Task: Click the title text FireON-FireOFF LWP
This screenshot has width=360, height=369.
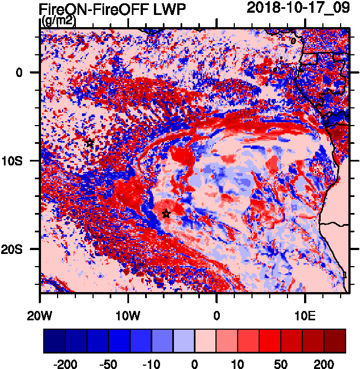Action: (x=112, y=9)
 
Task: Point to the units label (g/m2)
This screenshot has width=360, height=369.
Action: (x=58, y=21)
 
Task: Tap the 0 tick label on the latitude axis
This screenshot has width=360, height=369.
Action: (x=19, y=72)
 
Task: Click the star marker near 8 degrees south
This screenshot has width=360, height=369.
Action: (x=90, y=143)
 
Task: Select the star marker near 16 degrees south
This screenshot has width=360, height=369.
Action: (x=166, y=214)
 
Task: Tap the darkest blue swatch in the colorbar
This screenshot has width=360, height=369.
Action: (x=54, y=341)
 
